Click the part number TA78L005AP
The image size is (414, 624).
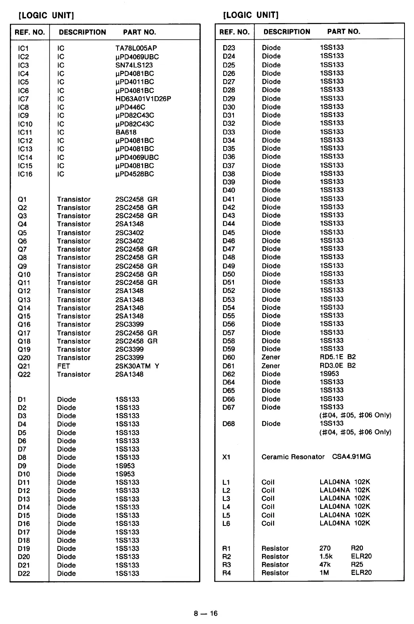136,48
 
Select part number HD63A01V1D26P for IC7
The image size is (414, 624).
143,99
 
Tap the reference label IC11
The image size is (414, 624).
25,132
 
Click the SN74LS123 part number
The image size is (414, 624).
134,65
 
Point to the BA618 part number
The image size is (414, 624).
125,132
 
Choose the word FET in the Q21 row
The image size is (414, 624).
63,366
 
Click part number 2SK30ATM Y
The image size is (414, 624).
137,366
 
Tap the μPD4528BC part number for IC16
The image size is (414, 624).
135,174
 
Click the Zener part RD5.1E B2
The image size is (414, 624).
338,357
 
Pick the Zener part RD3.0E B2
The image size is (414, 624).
338,366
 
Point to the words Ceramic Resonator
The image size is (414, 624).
293,457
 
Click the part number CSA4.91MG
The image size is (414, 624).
351,457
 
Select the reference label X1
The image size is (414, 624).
226,457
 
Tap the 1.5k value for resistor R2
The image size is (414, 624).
326,556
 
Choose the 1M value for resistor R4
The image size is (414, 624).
324,573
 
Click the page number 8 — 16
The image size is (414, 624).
206,614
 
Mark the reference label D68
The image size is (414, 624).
228,424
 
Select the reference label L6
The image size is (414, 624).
226,523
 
